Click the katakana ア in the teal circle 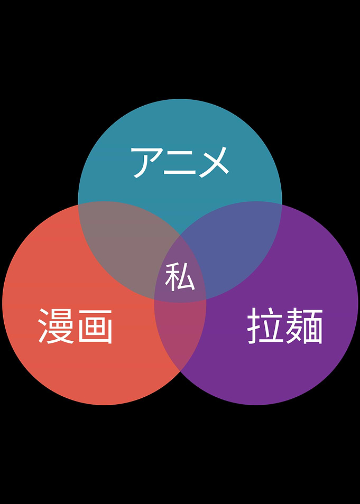[146, 162]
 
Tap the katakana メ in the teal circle [214, 162]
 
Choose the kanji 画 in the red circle [95, 326]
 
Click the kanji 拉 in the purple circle [264, 325]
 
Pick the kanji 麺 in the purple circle [304, 326]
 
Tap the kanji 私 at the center [180, 277]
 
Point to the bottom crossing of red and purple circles [180, 371]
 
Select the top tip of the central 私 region [180, 235]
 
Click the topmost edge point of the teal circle [180, 99]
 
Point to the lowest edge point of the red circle [104, 405]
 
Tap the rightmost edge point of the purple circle [358, 303]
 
